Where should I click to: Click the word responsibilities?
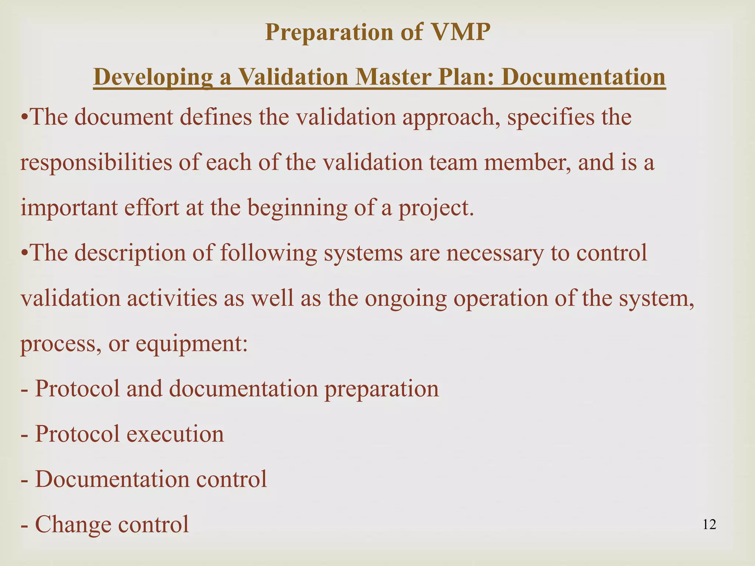[x=96, y=163]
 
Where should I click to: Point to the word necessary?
[x=495, y=253]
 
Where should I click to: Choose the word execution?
[x=175, y=434]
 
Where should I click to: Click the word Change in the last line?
[x=73, y=524]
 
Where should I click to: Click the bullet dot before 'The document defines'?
[x=24, y=118]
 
